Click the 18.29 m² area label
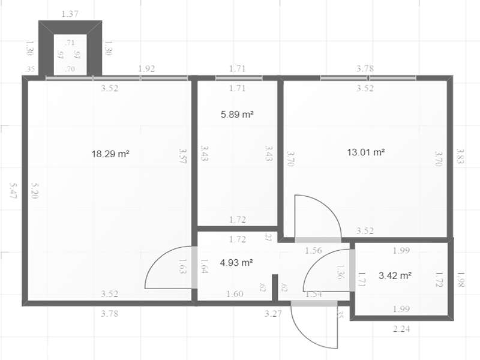110,154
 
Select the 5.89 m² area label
237,114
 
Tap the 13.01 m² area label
365,152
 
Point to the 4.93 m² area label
236,262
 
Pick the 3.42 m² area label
395,276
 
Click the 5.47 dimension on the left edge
14,191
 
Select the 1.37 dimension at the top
70,13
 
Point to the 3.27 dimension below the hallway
274,313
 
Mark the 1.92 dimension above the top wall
146,68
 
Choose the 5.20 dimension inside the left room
34,191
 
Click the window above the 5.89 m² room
238,78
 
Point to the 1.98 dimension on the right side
460,279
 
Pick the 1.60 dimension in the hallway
235,293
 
